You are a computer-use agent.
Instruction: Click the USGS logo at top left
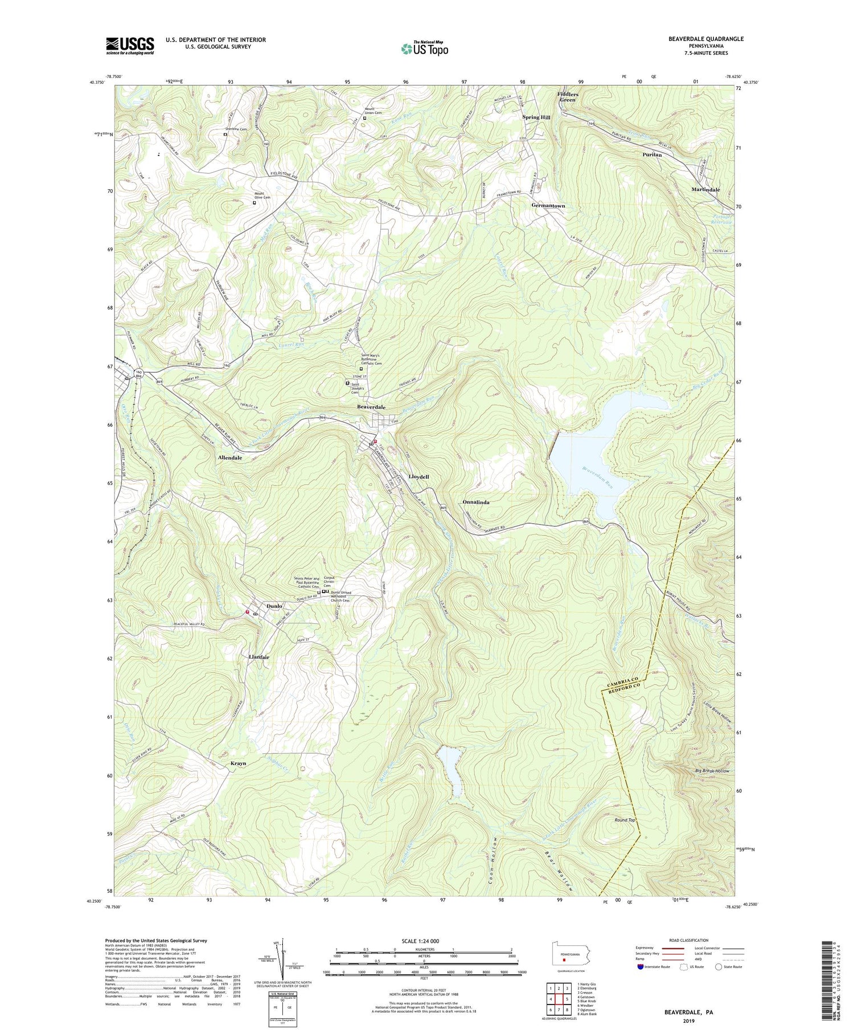[130, 46]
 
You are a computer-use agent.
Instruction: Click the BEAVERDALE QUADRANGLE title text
[698, 39]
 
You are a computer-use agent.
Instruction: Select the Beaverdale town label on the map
[371, 407]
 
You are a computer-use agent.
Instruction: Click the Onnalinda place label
[476, 502]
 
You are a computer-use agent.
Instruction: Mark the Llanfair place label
[259, 657]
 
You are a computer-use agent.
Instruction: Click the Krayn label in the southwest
[239, 763]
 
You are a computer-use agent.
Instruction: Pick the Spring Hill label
[536, 117]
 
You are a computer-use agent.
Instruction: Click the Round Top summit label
[625, 820]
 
